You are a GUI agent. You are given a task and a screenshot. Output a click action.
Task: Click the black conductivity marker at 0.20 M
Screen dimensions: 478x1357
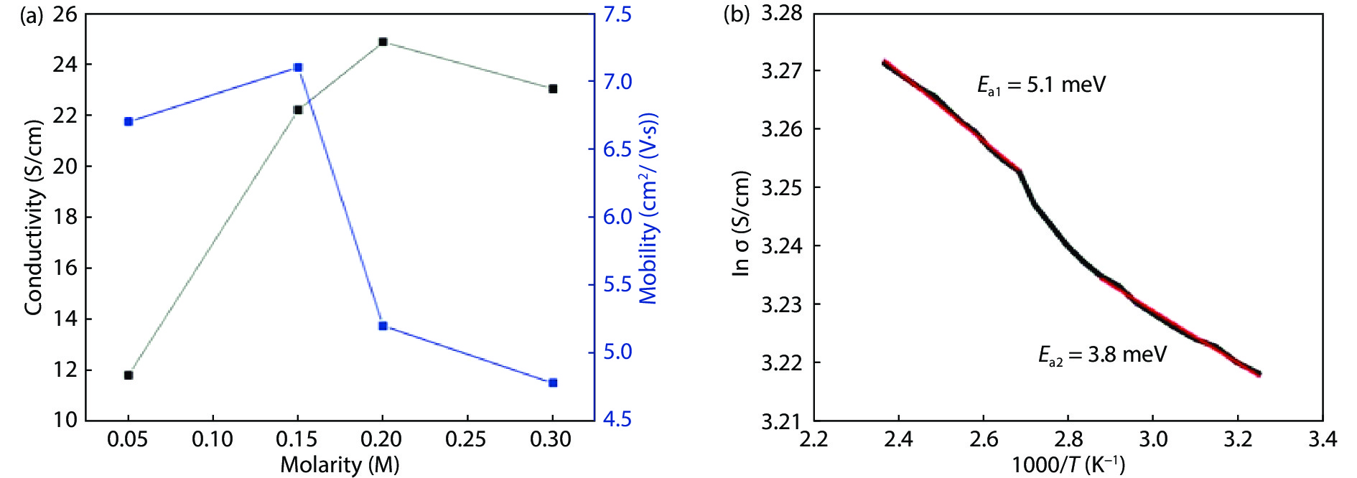[383, 42]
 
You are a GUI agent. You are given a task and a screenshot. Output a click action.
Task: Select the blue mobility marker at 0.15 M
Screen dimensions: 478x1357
[298, 67]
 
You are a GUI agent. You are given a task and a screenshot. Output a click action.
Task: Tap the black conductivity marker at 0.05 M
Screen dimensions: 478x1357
[129, 375]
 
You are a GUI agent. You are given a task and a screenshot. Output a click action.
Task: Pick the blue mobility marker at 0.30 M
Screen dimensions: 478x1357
[553, 383]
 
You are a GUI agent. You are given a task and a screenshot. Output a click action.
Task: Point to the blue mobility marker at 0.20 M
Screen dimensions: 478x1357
[383, 326]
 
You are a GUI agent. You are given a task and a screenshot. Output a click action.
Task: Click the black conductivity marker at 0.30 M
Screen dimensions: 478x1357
[553, 89]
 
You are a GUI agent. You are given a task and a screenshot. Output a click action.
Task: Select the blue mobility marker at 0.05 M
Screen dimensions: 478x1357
[129, 121]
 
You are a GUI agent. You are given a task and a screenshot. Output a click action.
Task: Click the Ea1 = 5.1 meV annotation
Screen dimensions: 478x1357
[1041, 85]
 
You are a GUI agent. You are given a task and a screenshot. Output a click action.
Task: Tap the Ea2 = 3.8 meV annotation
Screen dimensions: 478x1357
[1102, 355]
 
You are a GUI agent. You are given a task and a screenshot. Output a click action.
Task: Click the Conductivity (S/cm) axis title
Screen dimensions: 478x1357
[33, 217]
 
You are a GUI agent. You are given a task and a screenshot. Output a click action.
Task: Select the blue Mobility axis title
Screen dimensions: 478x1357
[648, 208]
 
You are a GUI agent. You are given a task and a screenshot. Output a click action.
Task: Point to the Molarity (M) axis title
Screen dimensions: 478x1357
[340, 464]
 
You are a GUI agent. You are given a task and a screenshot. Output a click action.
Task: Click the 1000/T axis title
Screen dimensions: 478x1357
[1068, 464]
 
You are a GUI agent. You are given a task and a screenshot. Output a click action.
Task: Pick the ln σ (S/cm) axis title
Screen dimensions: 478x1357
[741, 223]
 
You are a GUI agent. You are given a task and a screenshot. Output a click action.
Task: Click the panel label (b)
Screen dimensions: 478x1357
[737, 14]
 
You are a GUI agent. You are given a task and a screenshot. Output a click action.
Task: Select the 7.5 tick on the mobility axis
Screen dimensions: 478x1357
[617, 14]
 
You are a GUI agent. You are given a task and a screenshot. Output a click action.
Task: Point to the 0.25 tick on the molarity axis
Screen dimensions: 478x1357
[467, 439]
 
